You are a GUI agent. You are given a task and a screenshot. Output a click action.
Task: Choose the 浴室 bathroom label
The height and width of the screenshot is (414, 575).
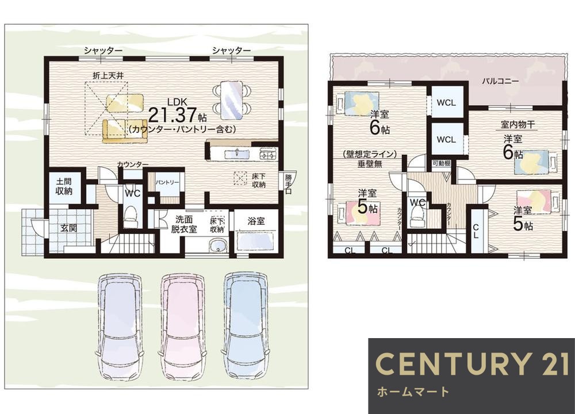(256, 220)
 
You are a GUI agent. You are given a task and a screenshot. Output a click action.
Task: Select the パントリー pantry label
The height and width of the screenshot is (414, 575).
(167, 183)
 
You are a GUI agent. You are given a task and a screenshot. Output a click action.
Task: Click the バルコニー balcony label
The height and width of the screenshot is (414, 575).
(500, 82)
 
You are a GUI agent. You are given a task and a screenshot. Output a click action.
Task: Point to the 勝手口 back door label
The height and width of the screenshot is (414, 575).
(287, 185)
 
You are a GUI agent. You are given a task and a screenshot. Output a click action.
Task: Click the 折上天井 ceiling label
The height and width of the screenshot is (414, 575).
(109, 75)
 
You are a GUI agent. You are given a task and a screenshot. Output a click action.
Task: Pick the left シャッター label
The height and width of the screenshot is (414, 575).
(103, 51)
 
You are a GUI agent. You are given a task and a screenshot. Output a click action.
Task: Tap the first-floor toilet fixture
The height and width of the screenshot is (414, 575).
(132, 217)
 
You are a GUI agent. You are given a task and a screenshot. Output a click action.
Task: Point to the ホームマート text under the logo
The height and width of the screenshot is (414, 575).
(412, 393)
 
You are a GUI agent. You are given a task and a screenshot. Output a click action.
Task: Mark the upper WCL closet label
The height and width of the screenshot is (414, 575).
(446, 102)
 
